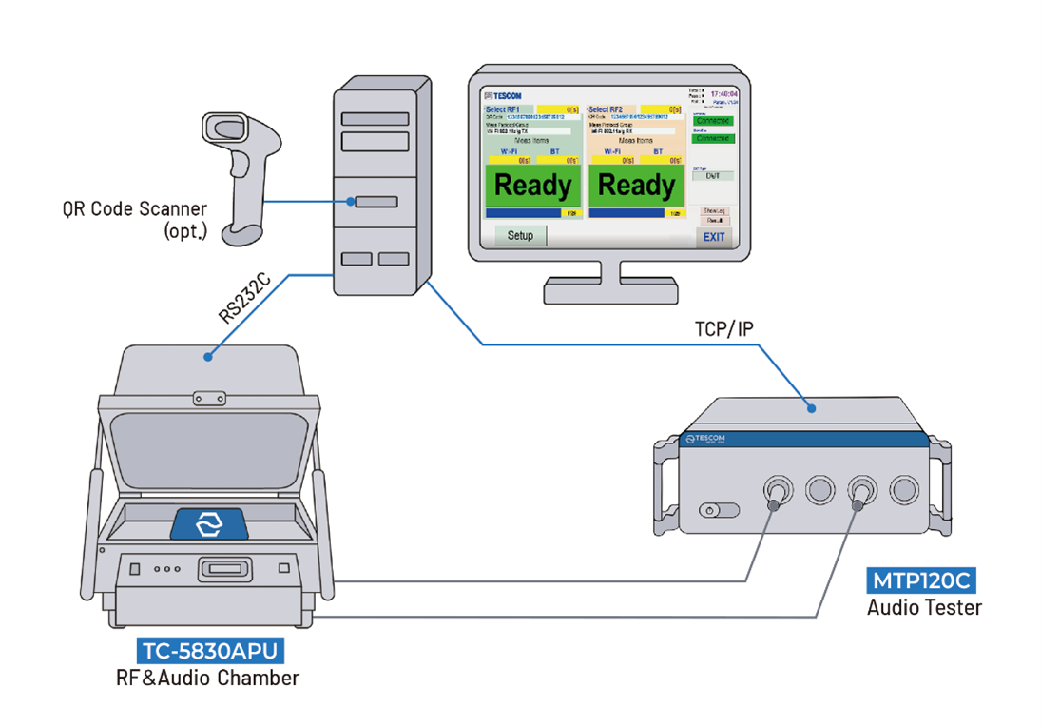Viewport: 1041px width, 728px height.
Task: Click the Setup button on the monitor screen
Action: (520, 235)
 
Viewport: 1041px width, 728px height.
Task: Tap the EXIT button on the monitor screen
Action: (714, 237)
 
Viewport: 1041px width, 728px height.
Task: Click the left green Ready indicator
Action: (532, 185)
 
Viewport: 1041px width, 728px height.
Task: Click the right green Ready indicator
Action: (636, 185)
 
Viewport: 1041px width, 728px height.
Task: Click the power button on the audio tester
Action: (706, 511)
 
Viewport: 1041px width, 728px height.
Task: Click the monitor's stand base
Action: (609, 286)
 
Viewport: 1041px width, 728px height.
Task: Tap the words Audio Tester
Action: (923, 607)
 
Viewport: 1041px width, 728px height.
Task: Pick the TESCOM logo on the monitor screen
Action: (504, 96)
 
